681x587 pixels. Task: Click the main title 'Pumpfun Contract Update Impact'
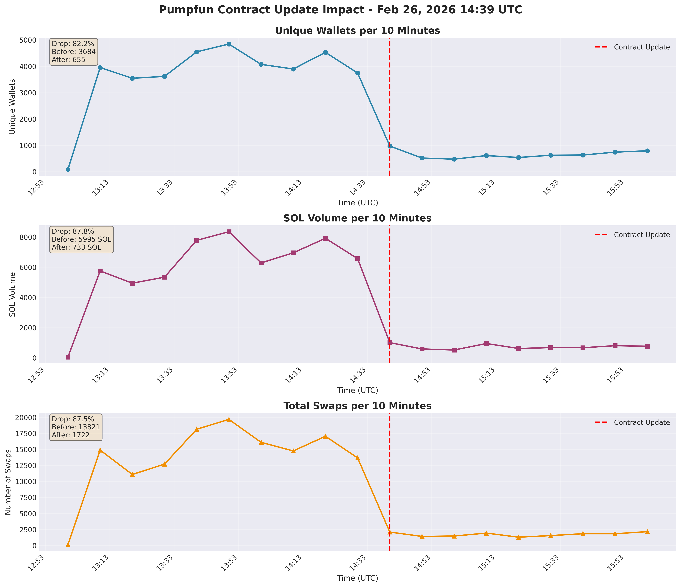coord(340,10)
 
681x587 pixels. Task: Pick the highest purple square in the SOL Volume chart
coord(229,232)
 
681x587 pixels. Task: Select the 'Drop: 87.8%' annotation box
coord(81,239)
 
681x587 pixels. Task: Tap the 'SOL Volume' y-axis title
coord(12,294)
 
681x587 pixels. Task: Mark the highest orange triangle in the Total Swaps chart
coord(229,419)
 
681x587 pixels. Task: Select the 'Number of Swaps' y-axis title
coord(8,482)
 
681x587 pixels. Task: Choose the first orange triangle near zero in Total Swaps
coord(68,545)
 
